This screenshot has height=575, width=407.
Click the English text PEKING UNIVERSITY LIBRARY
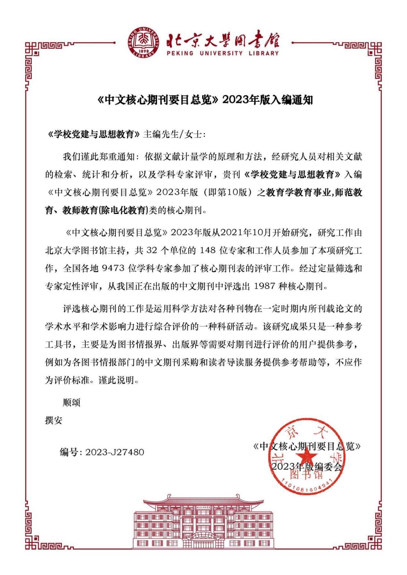click(222, 54)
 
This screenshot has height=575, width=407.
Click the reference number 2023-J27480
click(114, 452)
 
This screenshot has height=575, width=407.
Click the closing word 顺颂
click(71, 402)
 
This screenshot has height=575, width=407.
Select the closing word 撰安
click(54, 420)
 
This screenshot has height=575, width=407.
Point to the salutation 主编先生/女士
click(174, 134)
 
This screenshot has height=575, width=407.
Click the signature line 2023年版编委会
click(307, 466)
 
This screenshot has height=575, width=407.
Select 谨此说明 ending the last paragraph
click(118, 380)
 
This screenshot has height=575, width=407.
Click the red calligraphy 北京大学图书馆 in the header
click(223, 41)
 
